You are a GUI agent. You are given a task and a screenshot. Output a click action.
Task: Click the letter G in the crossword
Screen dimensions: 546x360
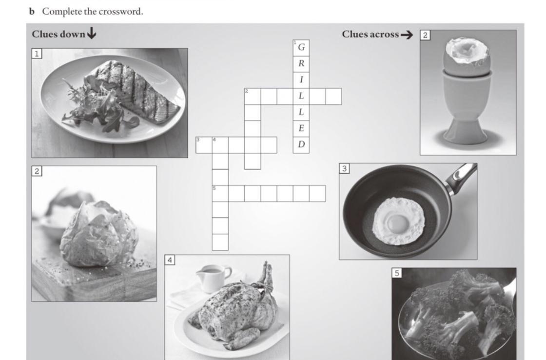click(302, 47)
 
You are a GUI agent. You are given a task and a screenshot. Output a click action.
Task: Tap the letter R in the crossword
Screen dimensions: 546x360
click(302, 63)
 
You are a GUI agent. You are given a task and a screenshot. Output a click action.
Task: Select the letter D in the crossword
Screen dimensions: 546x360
click(302, 144)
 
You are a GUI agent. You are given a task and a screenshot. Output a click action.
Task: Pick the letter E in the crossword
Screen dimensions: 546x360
click(302, 128)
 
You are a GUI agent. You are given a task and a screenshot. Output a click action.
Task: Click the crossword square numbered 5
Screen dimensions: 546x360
click(220, 194)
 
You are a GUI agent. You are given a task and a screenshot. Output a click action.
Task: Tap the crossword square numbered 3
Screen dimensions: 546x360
click(204, 145)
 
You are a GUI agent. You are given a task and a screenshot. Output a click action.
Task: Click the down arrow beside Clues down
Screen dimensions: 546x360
click(92, 34)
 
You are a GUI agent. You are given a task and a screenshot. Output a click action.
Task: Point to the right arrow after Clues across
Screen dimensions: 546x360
click(407, 35)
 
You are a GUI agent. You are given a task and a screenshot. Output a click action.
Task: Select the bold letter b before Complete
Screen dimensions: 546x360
click(32, 12)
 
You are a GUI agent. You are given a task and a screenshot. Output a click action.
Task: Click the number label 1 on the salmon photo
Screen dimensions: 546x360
click(37, 54)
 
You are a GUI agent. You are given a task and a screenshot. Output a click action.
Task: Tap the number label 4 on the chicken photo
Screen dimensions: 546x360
click(170, 260)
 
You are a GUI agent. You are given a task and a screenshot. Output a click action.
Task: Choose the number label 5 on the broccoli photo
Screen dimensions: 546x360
click(397, 273)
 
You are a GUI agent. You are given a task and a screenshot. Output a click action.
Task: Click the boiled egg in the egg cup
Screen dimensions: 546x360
click(467, 55)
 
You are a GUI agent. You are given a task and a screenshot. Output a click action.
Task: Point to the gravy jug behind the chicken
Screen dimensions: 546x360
click(213, 278)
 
